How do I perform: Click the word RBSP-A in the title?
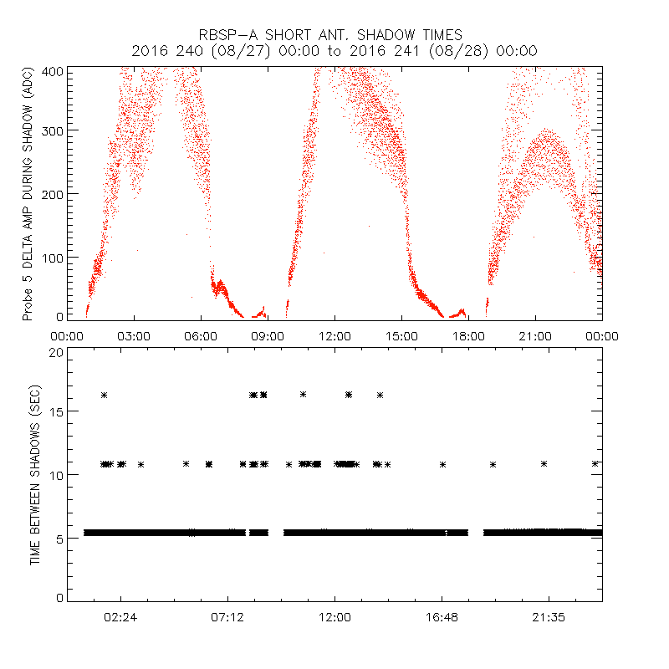(228, 35)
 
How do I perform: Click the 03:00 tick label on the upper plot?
(134, 336)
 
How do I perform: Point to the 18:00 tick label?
(468, 336)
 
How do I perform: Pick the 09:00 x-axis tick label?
(268, 336)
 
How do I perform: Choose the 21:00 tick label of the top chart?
(535, 336)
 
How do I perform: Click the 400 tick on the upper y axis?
(53, 70)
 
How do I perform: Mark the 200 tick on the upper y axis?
(53, 194)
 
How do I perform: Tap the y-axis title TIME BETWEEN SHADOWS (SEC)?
(35, 475)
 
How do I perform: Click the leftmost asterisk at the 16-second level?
(105, 395)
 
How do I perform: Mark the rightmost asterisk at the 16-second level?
(380, 395)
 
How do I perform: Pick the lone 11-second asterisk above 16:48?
(442, 464)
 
